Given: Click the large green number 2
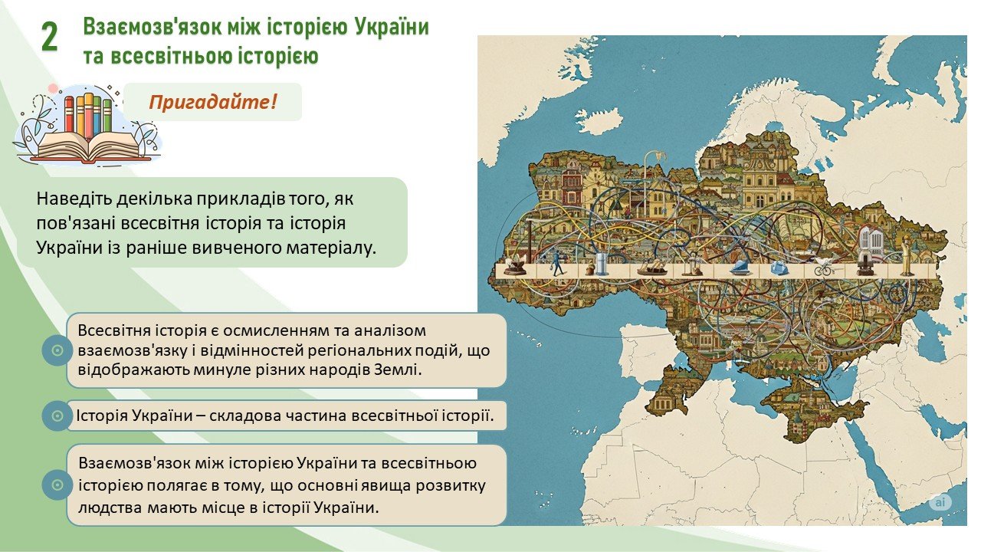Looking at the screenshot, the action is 50,38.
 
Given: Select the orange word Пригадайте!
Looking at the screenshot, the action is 213,102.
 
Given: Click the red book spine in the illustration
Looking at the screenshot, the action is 69,114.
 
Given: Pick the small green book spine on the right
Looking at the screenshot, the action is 107,116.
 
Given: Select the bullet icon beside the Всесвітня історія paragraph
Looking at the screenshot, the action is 57,350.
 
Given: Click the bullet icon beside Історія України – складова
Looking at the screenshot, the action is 57,416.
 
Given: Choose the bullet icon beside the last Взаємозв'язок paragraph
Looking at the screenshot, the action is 57,485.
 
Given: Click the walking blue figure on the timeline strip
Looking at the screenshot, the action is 557,263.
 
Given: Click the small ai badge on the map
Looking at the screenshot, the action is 940,502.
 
